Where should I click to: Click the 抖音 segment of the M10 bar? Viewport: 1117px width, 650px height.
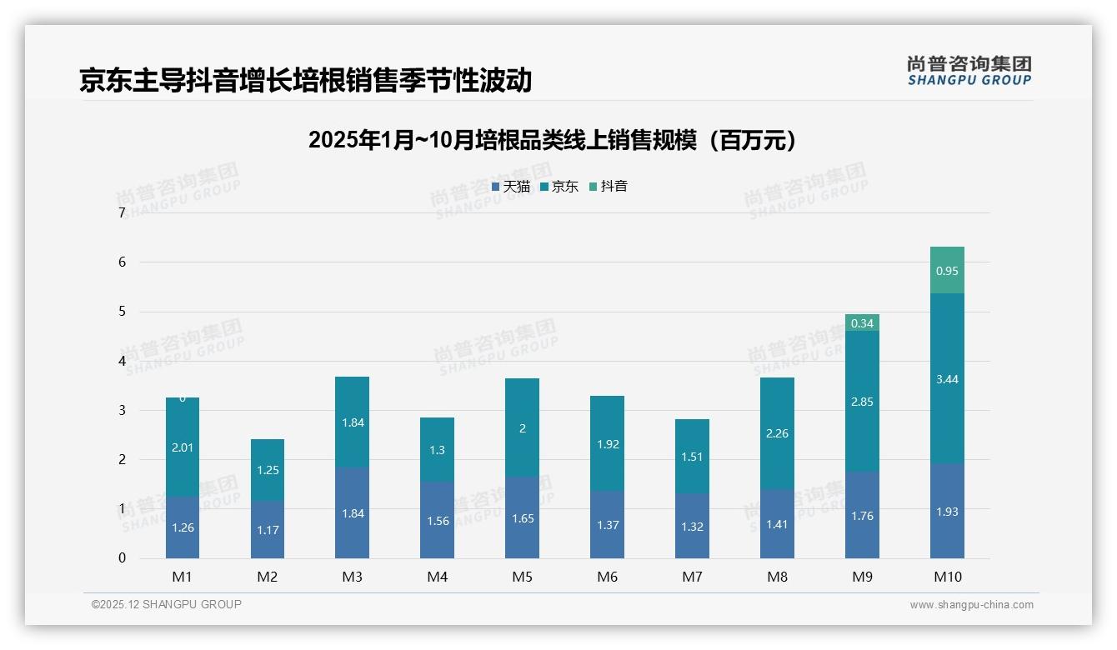click(x=947, y=270)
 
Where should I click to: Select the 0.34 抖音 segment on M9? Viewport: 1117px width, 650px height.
click(x=862, y=322)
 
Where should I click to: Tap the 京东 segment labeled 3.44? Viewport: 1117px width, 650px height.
click(x=947, y=379)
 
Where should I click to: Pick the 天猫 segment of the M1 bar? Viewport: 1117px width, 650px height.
click(x=183, y=527)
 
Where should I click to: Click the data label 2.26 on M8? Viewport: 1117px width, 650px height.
click(x=777, y=433)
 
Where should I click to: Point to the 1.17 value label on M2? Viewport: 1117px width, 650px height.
click(x=268, y=530)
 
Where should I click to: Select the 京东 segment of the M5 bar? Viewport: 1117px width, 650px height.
click(x=522, y=427)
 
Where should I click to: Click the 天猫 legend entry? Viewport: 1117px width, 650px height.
click(x=511, y=187)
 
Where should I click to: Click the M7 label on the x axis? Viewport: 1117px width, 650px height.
click(x=692, y=577)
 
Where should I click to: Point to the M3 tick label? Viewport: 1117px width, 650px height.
click(x=353, y=577)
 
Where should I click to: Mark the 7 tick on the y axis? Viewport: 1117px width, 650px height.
click(x=123, y=212)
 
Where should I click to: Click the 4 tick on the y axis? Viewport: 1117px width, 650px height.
click(x=123, y=361)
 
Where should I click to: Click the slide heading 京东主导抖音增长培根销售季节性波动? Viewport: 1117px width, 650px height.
click(x=305, y=80)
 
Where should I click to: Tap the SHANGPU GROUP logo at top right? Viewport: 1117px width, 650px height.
click(x=969, y=71)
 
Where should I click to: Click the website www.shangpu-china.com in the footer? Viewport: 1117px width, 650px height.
click(x=971, y=605)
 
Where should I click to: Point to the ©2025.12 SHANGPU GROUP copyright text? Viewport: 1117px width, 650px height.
click(x=167, y=604)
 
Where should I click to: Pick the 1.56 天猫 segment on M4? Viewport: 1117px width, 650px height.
click(x=437, y=520)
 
